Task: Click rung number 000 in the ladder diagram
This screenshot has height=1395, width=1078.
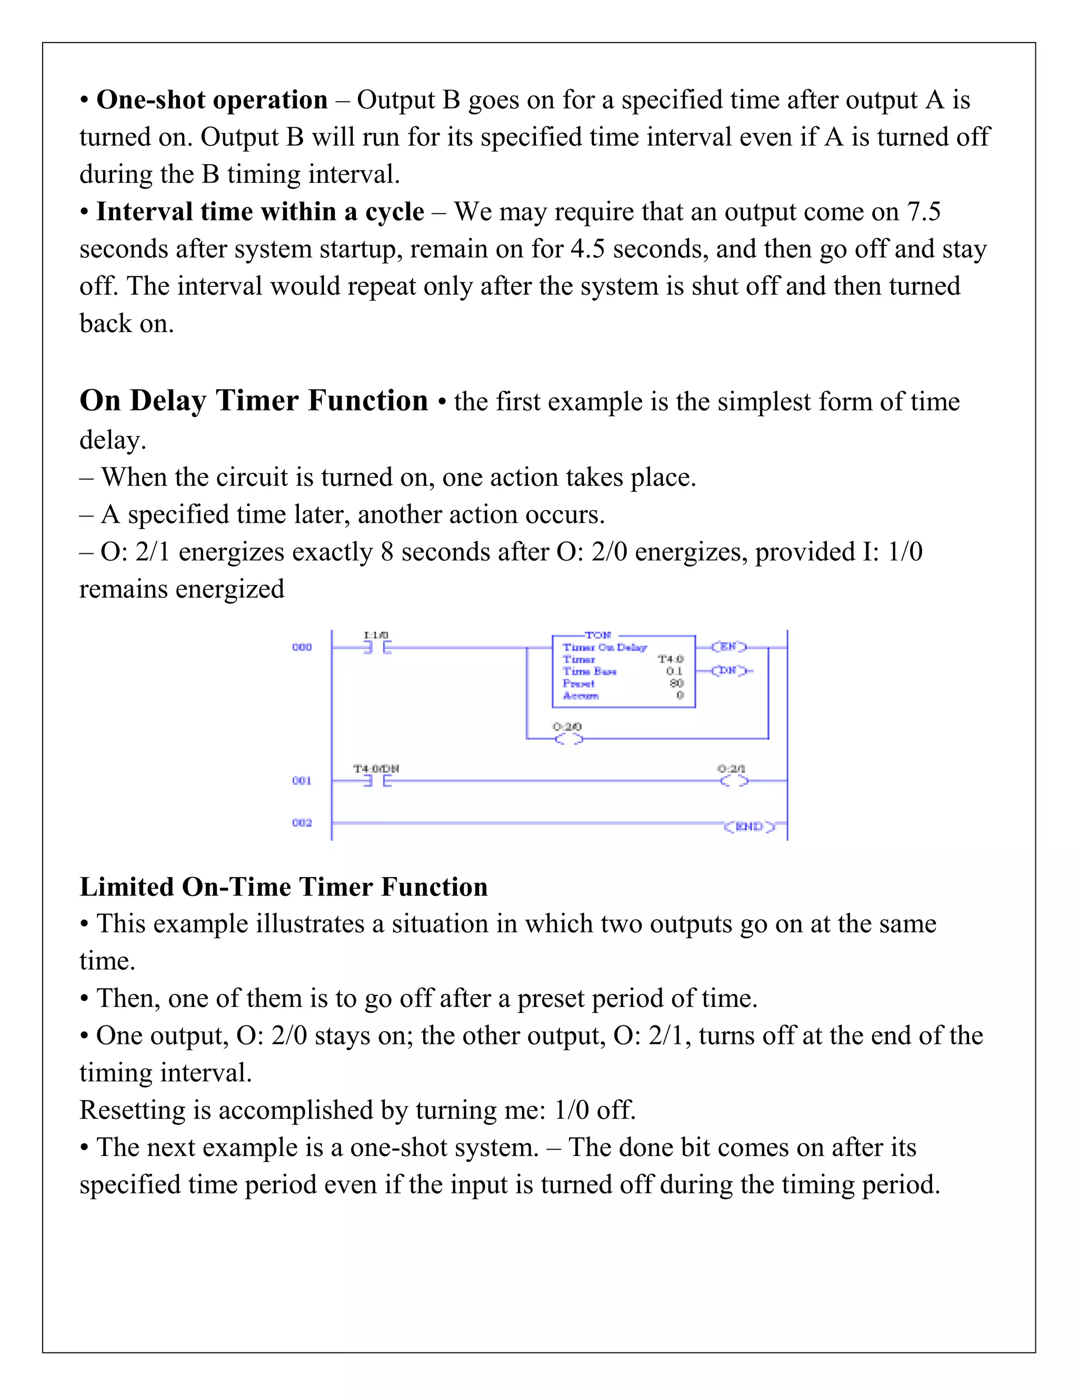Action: [302, 647]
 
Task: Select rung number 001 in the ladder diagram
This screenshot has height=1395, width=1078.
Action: [302, 781]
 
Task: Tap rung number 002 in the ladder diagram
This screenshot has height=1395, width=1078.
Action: [302, 823]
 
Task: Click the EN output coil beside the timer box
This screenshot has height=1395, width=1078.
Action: [728, 647]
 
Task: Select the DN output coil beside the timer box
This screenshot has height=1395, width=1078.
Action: [728, 671]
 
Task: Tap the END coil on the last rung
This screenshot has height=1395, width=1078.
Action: [749, 826]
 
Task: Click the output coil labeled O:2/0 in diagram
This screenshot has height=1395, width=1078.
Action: [568, 739]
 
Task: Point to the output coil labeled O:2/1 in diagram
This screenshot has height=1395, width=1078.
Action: [733, 781]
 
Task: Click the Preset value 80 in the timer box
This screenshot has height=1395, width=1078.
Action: [676, 683]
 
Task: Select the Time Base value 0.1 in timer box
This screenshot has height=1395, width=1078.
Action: [674, 671]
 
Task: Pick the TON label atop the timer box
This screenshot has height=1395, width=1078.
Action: [598, 635]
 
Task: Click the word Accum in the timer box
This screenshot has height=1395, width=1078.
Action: [581, 695]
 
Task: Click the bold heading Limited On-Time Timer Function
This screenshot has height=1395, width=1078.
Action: [284, 887]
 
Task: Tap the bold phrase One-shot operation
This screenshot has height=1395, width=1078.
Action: [212, 100]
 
